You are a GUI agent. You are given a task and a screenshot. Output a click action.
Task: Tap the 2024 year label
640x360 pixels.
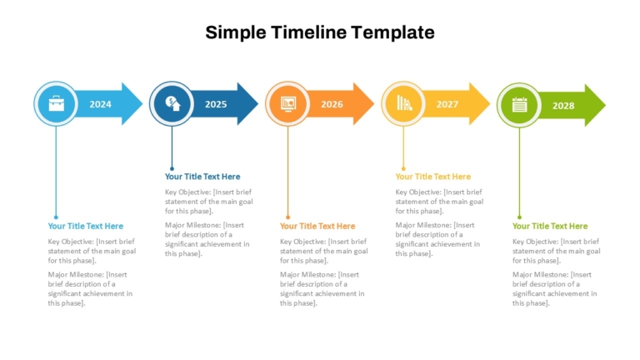(100, 104)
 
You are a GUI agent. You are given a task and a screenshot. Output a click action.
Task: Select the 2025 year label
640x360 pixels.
(216, 104)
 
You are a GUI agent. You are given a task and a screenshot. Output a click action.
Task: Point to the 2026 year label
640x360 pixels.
(332, 104)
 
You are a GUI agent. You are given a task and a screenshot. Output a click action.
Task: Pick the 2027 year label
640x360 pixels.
(447, 104)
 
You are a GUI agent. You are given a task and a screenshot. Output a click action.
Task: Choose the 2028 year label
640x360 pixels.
(563, 106)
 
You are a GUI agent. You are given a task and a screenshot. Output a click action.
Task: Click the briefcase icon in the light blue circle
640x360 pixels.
(57, 103)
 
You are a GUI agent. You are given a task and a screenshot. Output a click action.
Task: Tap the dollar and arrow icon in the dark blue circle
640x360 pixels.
(172, 103)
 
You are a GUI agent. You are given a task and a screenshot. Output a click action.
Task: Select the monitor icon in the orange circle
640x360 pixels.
(288, 103)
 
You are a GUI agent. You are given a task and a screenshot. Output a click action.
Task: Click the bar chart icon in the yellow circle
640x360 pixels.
(404, 103)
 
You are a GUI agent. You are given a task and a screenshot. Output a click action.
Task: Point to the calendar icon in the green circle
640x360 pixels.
(520, 105)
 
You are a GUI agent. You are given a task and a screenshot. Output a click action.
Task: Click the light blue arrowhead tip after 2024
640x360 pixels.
(142, 104)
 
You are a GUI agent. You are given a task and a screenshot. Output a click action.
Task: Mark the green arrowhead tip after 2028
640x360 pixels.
(606, 105)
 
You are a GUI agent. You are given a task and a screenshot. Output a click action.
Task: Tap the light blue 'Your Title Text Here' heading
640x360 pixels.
(85, 226)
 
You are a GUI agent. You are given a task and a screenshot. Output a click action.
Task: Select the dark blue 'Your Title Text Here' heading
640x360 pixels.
(202, 177)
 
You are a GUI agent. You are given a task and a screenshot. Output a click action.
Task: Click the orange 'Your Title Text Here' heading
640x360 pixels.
(317, 226)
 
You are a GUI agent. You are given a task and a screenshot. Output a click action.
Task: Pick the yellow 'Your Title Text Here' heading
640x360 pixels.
(433, 177)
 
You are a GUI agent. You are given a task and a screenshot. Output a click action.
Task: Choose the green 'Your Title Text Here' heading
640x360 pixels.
(550, 226)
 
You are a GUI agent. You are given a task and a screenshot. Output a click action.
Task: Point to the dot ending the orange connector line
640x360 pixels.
(287, 217)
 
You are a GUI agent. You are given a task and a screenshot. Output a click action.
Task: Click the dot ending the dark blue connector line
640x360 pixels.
(172, 168)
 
